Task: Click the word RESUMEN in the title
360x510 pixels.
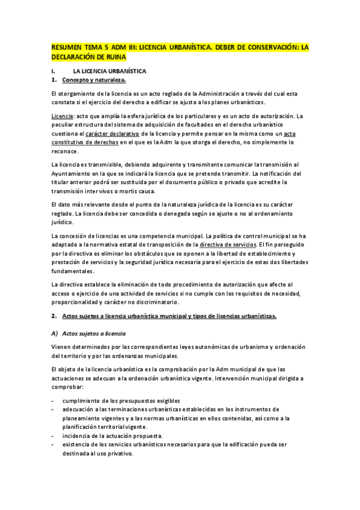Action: tap(66, 47)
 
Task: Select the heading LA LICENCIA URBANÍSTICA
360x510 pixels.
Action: tap(110, 71)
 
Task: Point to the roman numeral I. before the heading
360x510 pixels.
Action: tap(53, 71)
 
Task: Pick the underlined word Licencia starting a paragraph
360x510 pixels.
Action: tap(63, 115)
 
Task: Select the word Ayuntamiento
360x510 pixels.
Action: tap(73, 174)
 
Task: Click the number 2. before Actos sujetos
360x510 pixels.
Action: tap(54, 316)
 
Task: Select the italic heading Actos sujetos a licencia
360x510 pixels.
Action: tap(93, 333)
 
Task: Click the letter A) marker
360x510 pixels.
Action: tap(55, 333)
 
